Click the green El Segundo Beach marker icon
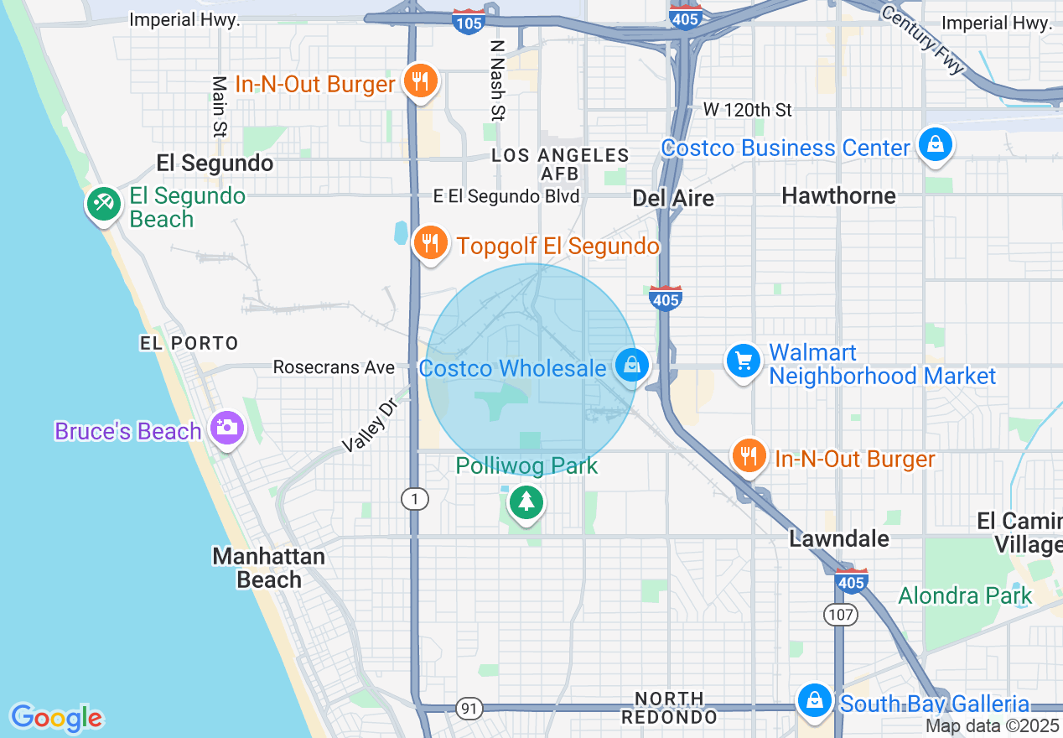click(x=103, y=202)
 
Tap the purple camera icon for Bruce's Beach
click(x=226, y=428)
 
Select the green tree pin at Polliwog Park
click(x=526, y=502)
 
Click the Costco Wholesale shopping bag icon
click(x=632, y=365)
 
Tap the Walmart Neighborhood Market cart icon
click(x=743, y=361)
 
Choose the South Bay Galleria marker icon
click(x=813, y=700)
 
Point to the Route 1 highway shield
click(x=414, y=500)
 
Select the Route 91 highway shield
click(x=470, y=709)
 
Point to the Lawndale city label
click(x=839, y=538)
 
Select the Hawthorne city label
click(x=838, y=195)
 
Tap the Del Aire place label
click(x=673, y=198)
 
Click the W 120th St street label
click(x=747, y=110)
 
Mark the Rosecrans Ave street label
click(x=334, y=367)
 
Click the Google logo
click(x=56, y=717)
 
